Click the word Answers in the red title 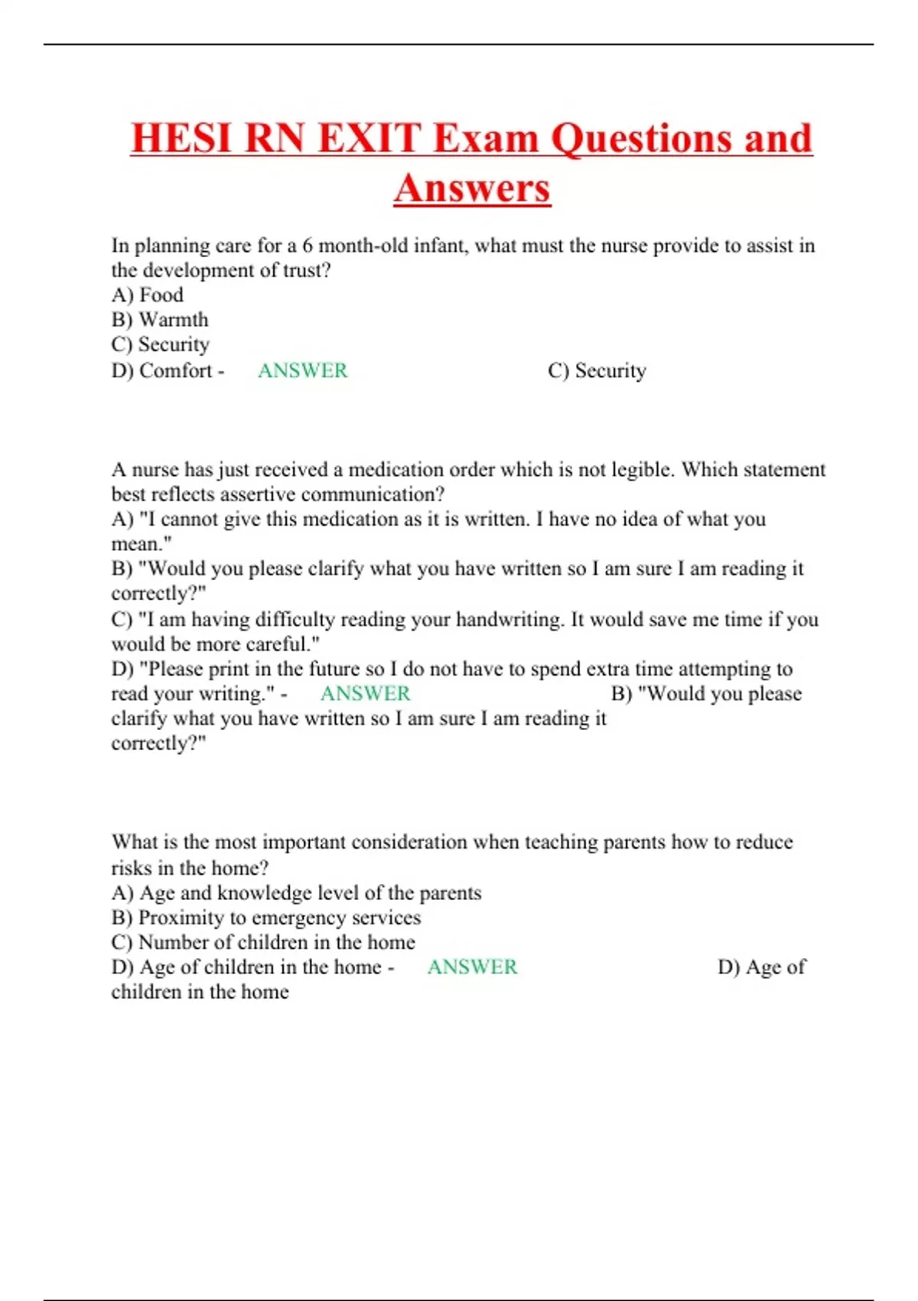[x=472, y=188]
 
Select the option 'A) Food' [x=148, y=295]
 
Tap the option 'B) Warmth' [x=160, y=319]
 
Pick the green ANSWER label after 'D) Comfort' [x=302, y=370]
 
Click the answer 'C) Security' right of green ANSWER [x=597, y=370]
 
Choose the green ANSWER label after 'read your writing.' [x=365, y=693]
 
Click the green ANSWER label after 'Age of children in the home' [x=472, y=967]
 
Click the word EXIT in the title [x=369, y=139]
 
